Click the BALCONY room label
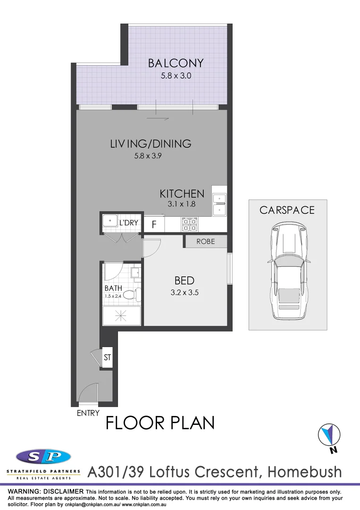tap(176, 63)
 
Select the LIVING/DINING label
tap(151, 144)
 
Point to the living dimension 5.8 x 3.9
tap(148, 155)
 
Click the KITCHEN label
tap(182, 194)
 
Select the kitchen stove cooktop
tap(190, 223)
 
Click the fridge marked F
tap(153, 225)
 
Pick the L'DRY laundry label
tap(128, 222)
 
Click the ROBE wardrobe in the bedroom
tap(205, 241)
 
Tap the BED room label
tap(184, 280)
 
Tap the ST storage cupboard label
tap(107, 357)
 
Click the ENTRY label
tap(88, 413)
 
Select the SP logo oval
tap(43, 457)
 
